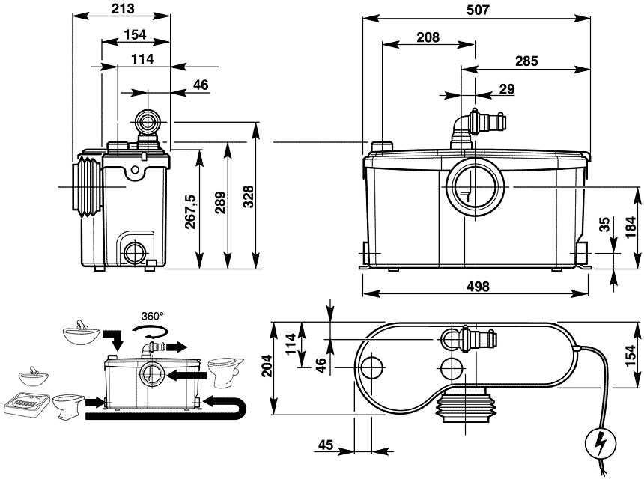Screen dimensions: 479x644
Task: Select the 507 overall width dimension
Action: click(x=476, y=10)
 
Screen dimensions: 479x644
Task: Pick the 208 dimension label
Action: click(x=428, y=37)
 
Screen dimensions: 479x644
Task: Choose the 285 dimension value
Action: click(x=526, y=61)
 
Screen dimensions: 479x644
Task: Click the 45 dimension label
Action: click(x=324, y=445)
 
